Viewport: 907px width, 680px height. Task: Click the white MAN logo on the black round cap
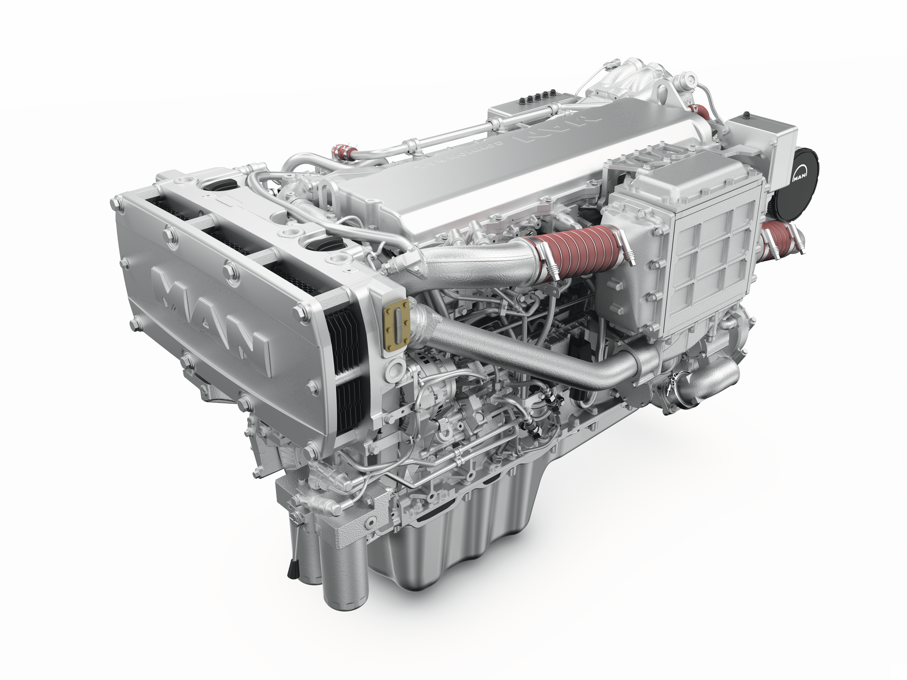pyautogui.click(x=799, y=178)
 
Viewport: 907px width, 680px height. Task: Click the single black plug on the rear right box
pyautogui.click(x=746, y=114)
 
